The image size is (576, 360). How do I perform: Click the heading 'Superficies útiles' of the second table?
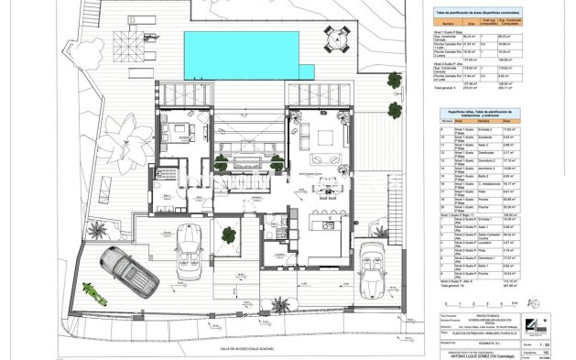[x=477, y=112]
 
